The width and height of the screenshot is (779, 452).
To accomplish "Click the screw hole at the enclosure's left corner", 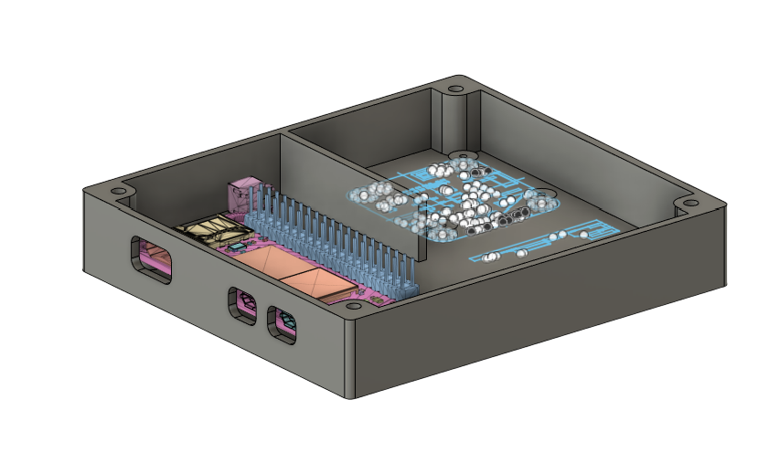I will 118,191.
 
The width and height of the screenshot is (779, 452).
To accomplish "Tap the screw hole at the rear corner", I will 454,89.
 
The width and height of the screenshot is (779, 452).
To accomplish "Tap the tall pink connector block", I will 242,194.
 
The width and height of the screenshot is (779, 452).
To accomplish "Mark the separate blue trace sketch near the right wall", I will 549,240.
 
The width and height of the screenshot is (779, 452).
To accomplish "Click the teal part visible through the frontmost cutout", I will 287,321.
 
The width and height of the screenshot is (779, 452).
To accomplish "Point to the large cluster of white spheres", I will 448,196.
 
